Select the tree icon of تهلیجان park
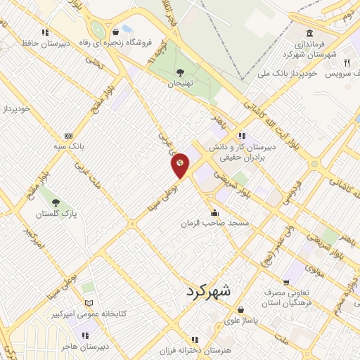(180, 72)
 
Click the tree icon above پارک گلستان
(49, 191)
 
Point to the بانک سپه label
(68, 147)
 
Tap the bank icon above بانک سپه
(68, 136)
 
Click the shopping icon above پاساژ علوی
(240, 309)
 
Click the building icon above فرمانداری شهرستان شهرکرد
(310, 33)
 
